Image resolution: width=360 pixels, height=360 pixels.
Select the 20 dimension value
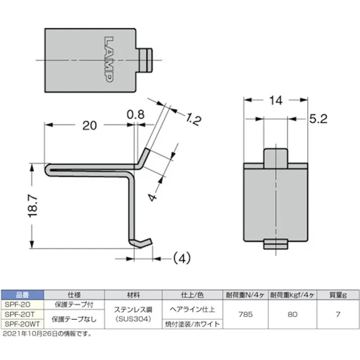pos(89,126)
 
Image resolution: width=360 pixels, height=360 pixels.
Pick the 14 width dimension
pos(275,100)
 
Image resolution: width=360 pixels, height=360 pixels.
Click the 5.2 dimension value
pos(319,119)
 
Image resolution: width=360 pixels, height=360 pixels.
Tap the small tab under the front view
pos(276,245)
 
